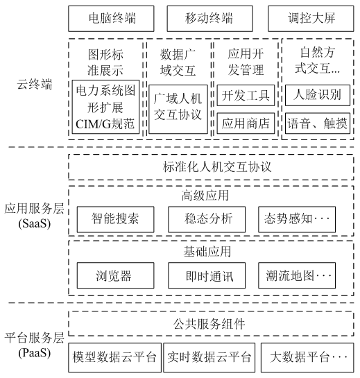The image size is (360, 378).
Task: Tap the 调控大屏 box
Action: point(311,18)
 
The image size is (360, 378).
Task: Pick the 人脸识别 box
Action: point(313,94)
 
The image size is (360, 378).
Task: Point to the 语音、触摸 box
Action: point(313,123)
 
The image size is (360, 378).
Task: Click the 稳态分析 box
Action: point(207,219)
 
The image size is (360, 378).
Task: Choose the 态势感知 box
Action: point(297,219)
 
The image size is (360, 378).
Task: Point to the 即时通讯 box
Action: point(207,276)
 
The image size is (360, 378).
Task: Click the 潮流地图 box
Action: point(297,276)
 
